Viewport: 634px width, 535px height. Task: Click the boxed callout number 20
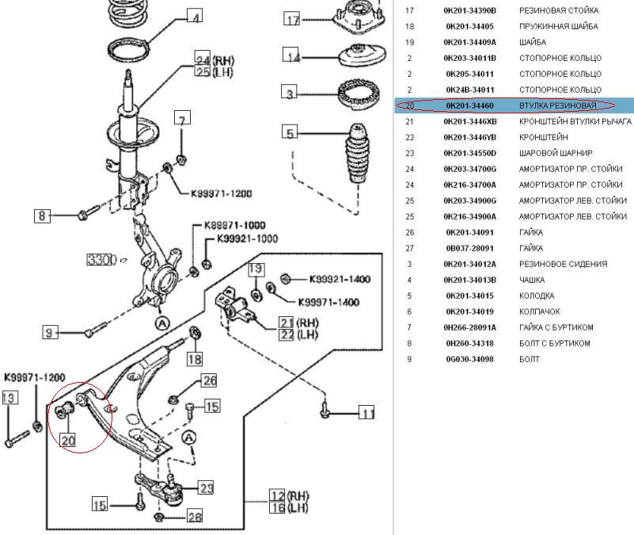(x=68, y=440)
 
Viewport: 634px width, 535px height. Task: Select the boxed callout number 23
(x=206, y=488)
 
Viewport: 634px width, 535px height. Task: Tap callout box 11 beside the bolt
(x=366, y=413)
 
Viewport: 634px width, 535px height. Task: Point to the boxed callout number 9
(x=51, y=334)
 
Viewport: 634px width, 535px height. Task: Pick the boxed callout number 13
(x=9, y=399)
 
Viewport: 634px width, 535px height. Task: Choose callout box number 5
(x=291, y=133)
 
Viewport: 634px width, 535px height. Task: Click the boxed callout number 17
(x=293, y=20)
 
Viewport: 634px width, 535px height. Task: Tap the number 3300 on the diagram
(x=101, y=259)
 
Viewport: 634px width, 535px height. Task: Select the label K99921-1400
(x=340, y=279)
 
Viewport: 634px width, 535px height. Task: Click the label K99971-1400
(x=328, y=302)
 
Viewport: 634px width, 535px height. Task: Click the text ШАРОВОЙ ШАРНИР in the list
(x=556, y=153)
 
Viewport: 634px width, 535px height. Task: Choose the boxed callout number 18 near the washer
(x=195, y=359)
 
